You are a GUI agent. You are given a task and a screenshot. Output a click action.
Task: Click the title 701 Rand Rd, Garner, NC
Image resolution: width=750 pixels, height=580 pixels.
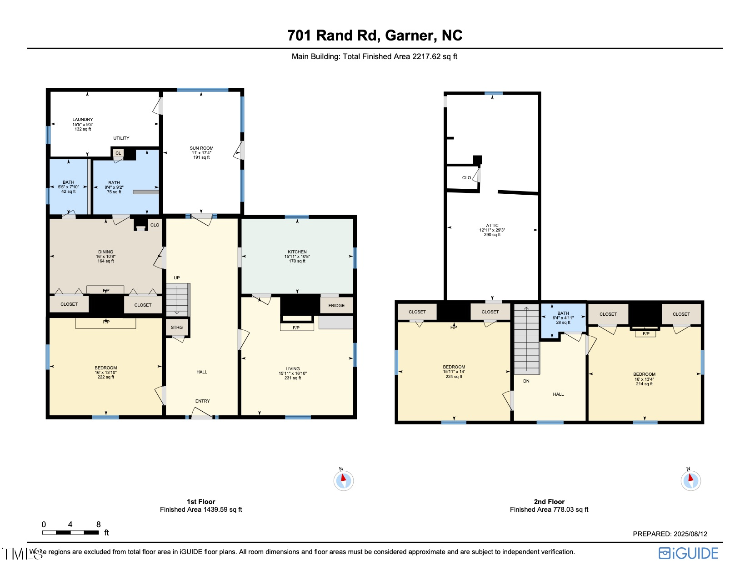tap(375, 35)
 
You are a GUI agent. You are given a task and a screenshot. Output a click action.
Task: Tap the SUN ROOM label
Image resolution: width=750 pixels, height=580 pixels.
tap(201, 148)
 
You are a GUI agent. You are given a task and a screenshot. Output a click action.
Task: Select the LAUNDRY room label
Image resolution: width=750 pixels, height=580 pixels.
tap(83, 120)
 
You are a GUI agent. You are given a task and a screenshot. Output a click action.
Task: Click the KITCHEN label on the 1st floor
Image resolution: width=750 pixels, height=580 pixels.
tap(297, 252)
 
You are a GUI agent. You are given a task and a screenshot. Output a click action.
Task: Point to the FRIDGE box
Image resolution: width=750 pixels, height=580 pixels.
tap(336, 305)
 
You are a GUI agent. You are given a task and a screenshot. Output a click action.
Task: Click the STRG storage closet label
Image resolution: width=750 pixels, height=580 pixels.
tap(177, 328)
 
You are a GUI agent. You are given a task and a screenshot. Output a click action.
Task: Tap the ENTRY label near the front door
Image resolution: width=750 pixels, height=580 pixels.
tap(203, 401)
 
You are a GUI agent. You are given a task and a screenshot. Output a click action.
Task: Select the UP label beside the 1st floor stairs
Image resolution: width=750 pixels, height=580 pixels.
tap(177, 278)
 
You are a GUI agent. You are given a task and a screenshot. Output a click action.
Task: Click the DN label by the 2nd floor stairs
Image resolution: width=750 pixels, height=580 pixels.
tap(526, 381)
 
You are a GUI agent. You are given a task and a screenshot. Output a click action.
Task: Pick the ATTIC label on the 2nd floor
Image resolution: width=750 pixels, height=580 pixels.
tap(492, 226)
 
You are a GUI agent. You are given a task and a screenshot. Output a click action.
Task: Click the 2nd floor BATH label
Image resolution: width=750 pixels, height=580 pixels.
tap(563, 313)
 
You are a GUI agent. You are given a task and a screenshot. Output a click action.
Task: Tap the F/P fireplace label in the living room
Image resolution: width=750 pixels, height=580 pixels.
tap(296, 328)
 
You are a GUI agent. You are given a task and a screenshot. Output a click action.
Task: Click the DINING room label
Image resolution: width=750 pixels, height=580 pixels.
tap(105, 252)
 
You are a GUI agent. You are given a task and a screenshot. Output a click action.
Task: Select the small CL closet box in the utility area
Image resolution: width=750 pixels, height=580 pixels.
tap(118, 153)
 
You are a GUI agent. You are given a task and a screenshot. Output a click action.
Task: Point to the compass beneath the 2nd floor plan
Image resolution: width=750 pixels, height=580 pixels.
tap(690, 480)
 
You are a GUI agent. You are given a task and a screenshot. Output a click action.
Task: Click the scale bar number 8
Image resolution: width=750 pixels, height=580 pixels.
tap(99, 525)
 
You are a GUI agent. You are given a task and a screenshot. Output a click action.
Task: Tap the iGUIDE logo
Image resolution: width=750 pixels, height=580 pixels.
tap(688, 553)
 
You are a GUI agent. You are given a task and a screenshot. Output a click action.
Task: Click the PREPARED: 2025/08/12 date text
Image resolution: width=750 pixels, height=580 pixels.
tap(670, 534)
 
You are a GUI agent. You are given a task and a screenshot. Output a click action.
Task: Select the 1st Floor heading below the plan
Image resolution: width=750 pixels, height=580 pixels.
tap(201, 502)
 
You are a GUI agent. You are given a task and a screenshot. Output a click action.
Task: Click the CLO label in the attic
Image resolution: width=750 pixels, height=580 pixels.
tap(466, 178)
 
